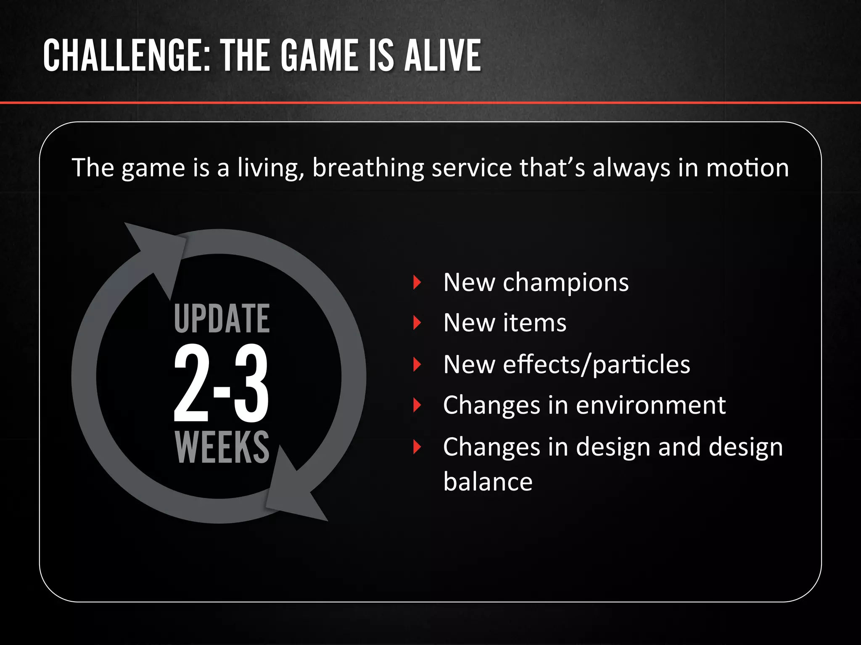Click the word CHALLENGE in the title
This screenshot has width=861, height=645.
click(x=127, y=55)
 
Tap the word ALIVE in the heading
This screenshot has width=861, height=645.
click(x=443, y=55)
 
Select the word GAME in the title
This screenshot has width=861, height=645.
click(x=320, y=55)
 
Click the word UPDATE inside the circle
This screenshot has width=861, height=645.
click(x=222, y=319)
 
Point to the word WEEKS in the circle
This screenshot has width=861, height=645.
click(x=222, y=448)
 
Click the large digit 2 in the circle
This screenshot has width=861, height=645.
click(x=192, y=383)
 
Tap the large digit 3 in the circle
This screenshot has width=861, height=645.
click(x=251, y=383)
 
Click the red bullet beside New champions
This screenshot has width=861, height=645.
click(x=417, y=282)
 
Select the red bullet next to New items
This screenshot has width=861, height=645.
click(x=417, y=323)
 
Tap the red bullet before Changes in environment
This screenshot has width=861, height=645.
click(x=417, y=405)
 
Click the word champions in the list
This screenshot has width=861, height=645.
click(x=566, y=282)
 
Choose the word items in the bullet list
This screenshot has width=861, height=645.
click(x=535, y=323)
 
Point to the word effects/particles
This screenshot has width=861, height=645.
click(x=597, y=364)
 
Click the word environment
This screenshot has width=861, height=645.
click(x=651, y=405)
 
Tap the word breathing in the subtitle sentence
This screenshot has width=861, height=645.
click(x=368, y=168)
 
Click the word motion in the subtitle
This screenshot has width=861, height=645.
click(x=747, y=168)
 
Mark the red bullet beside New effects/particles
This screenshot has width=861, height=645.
click(x=417, y=364)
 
